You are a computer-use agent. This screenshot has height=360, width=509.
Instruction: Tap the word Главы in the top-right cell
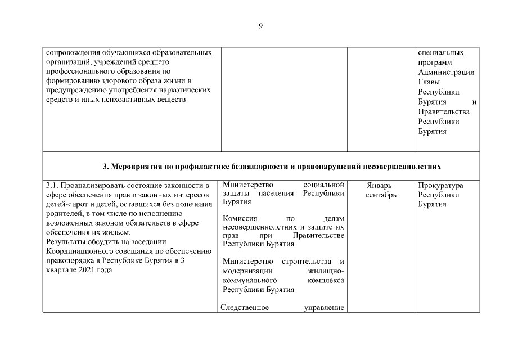click(x=429, y=82)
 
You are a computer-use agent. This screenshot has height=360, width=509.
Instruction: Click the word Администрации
click(x=446, y=73)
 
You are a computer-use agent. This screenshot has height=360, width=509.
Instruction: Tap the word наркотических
click(x=187, y=90)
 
